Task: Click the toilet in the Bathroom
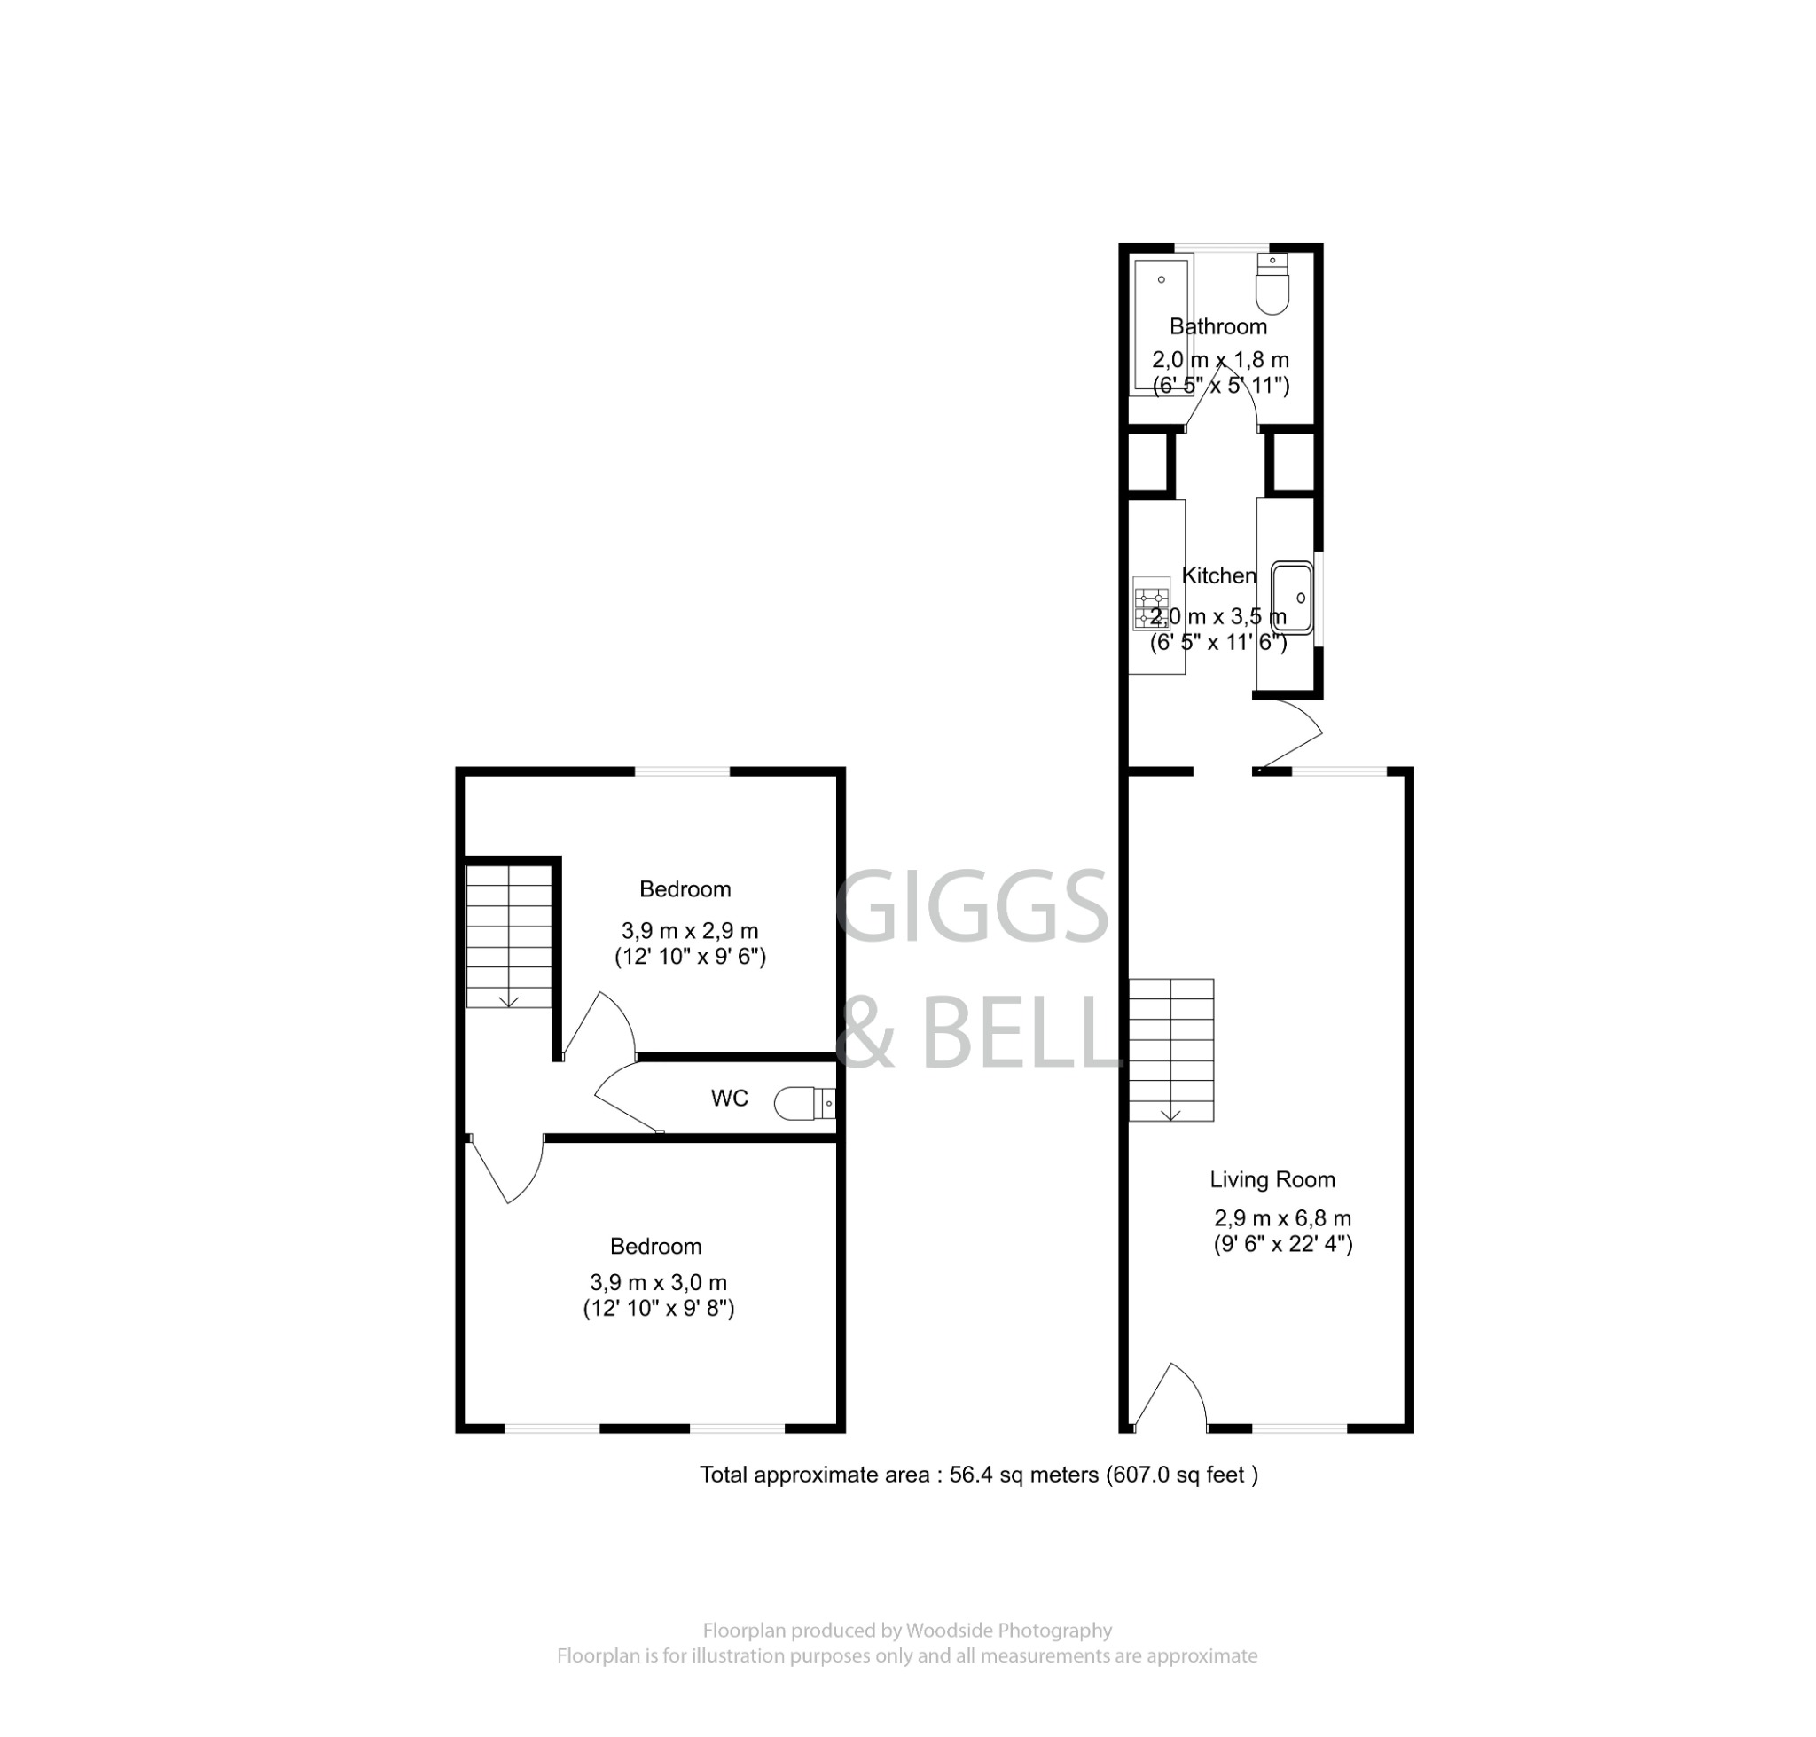pos(1272,285)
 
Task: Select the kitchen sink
pos(1292,598)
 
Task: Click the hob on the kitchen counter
pos(1151,603)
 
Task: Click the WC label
pos(729,1098)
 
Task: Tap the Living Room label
pos(1272,1179)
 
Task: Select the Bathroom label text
pos(1217,326)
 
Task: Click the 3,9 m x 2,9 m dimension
pos(689,930)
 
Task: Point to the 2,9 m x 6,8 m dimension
pos(1282,1217)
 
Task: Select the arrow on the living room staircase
pos(1170,1114)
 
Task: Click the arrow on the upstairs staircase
pos(508,1001)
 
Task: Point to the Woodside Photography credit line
pos(906,1631)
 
